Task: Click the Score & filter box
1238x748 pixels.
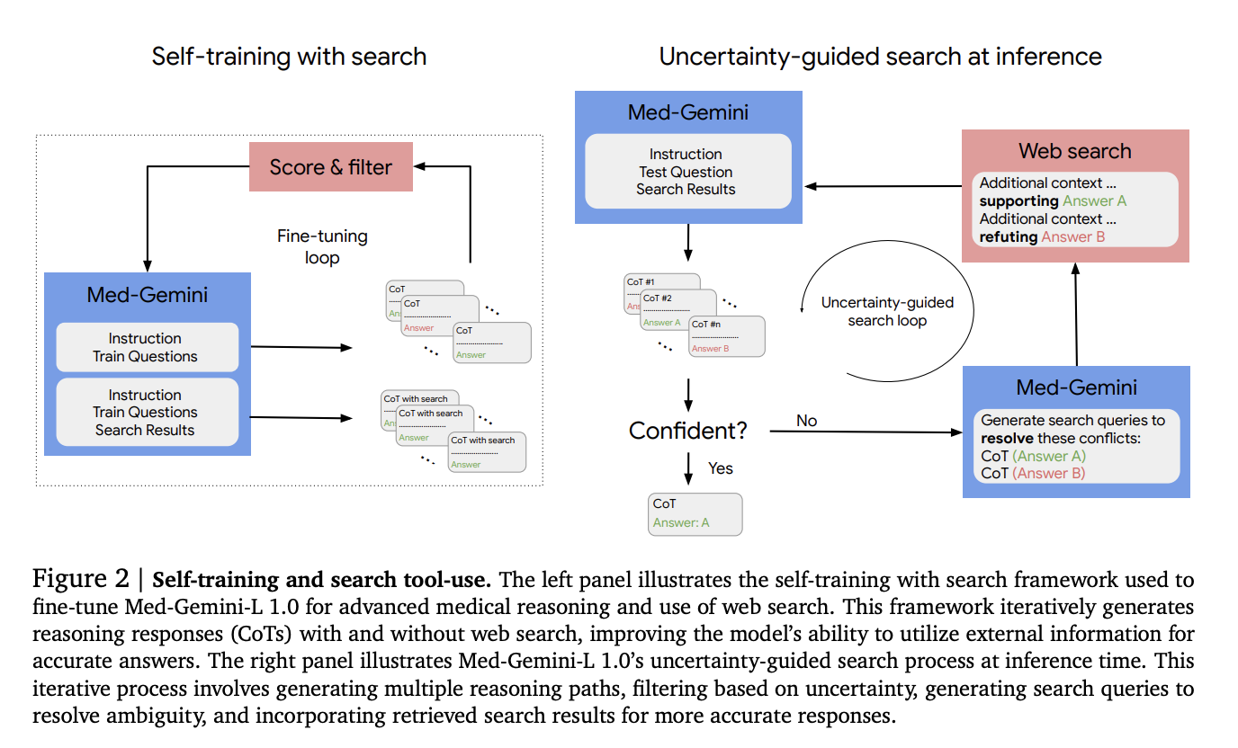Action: pos(330,167)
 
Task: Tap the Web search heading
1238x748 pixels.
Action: pos(1074,151)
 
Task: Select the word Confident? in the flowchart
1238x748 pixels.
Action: pos(687,431)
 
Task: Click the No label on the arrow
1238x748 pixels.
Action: pos(806,421)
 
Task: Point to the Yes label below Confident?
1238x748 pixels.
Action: pos(721,468)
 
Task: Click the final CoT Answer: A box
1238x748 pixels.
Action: pos(695,513)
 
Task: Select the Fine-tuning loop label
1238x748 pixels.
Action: pos(322,247)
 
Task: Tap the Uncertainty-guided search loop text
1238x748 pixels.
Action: pos(886,311)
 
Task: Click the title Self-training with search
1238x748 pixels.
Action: pos(289,57)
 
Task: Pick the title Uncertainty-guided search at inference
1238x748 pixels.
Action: pos(880,57)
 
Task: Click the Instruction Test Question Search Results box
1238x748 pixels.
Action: pos(686,172)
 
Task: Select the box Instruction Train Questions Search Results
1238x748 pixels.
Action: pos(147,413)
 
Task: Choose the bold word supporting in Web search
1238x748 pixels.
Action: pos(1018,201)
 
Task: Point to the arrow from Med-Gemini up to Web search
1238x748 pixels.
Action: pos(1076,315)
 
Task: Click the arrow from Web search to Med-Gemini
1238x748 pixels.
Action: pos(882,186)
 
